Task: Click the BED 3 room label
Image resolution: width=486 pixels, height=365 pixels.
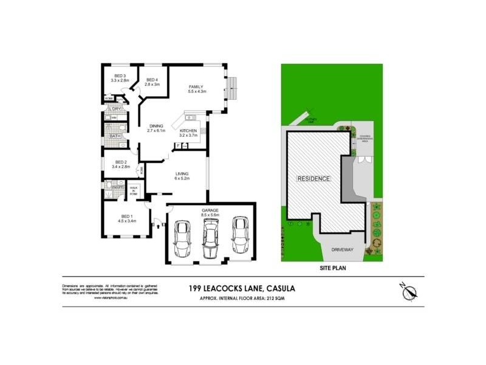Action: pyautogui.click(x=120, y=75)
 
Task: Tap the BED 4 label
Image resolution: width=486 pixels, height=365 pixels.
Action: pyautogui.click(x=152, y=80)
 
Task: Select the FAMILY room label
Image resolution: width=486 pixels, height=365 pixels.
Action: pyautogui.click(x=196, y=86)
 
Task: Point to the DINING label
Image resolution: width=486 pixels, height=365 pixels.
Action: pyautogui.click(x=156, y=126)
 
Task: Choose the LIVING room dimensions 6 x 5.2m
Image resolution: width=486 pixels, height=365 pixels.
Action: pyautogui.click(x=183, y=178)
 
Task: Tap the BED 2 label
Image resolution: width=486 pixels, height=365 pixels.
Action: pyautogui.click(x=121, y=161)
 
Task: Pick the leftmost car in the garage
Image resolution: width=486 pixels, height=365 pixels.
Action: pyautogui.click(x=182, y=239)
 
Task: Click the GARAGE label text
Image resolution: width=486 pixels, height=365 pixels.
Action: pyautogui.click(x=210, y=210)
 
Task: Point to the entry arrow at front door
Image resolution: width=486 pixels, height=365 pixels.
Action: pyautogui.click(x=160, y=226)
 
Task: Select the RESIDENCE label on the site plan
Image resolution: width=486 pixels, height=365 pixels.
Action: pyautogui.click(x=313, y=179)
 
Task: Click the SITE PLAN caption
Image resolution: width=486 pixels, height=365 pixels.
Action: pyautogui.click(x=332, y=266)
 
